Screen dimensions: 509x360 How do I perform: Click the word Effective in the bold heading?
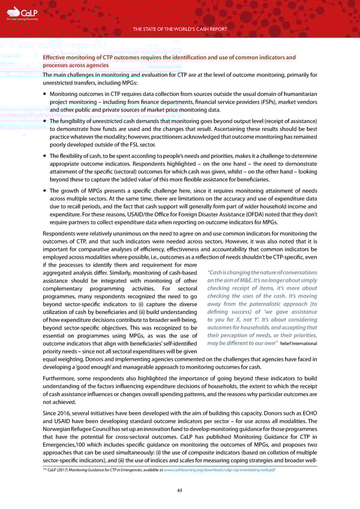(x=55, y=58)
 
